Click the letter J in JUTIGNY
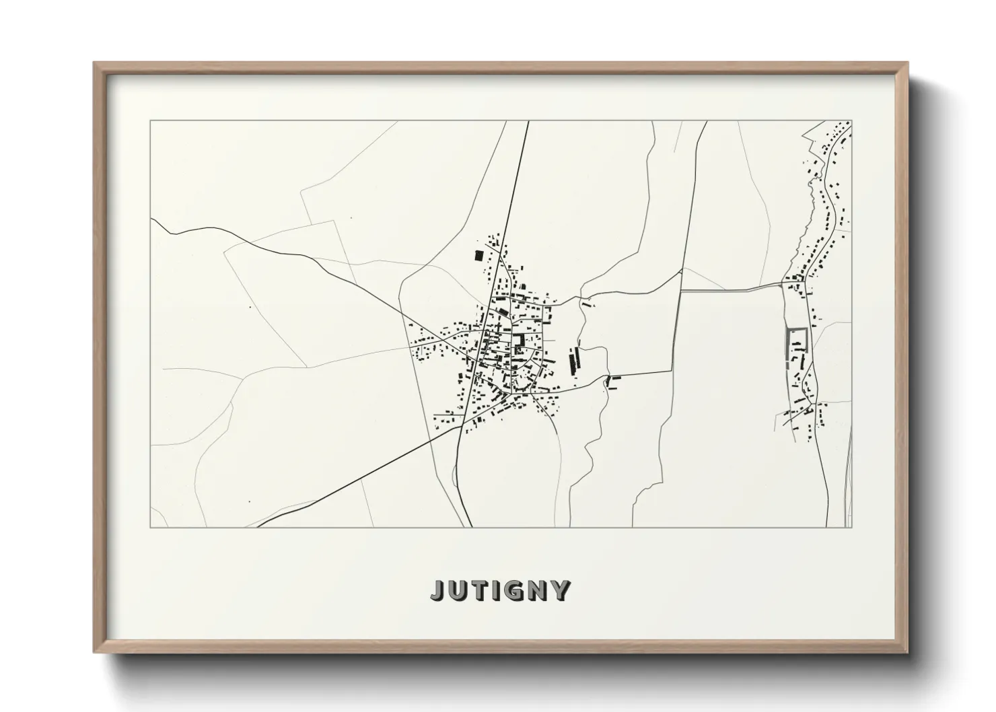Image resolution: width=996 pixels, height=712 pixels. coord(437,590)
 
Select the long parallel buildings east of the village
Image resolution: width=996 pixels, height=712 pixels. coord(575,361)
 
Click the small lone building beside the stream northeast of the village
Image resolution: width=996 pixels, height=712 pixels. coord(588,304)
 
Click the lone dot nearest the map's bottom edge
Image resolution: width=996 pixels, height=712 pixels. coord(248,501)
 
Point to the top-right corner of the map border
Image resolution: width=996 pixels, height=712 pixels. coord(852,121)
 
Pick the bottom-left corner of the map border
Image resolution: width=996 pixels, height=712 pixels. coord(151,527)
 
